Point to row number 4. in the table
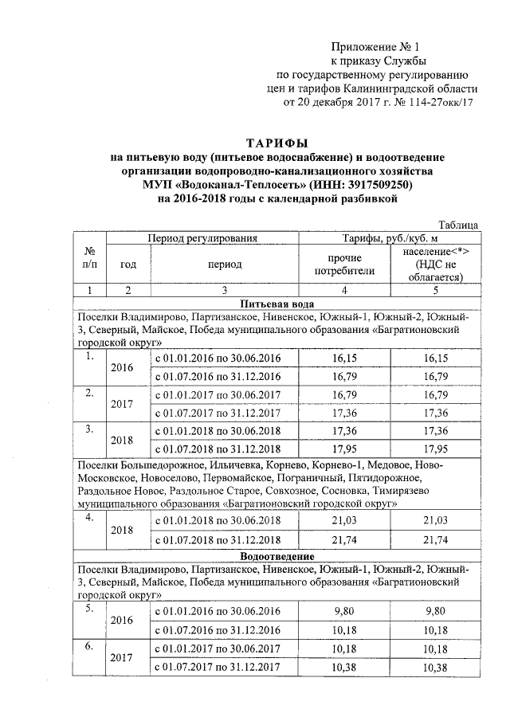point(90,517)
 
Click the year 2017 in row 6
point(121,657)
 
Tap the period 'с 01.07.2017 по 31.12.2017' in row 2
point(218,414)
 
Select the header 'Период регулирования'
point(201,238)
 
